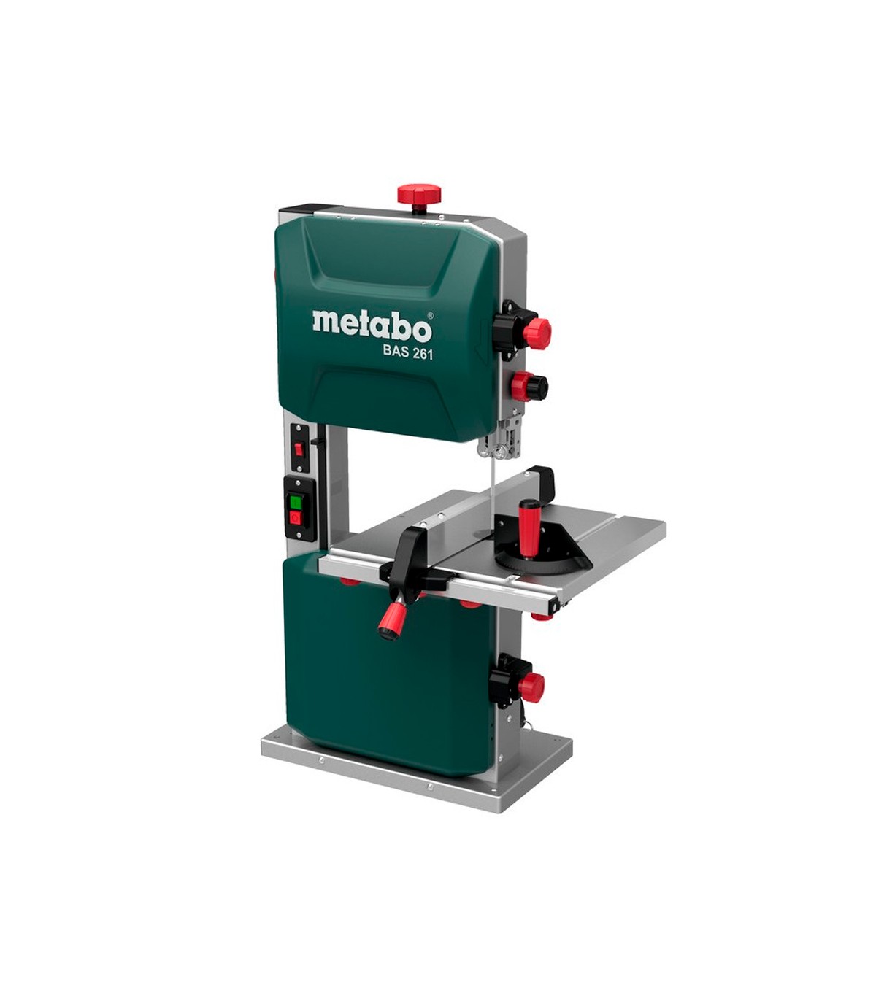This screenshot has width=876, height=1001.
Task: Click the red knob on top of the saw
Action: point(419,194)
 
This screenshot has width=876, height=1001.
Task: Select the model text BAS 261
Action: point(401,353)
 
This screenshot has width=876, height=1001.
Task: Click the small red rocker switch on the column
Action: point(299,449)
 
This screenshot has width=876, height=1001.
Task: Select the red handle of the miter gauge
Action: point(527,528)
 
